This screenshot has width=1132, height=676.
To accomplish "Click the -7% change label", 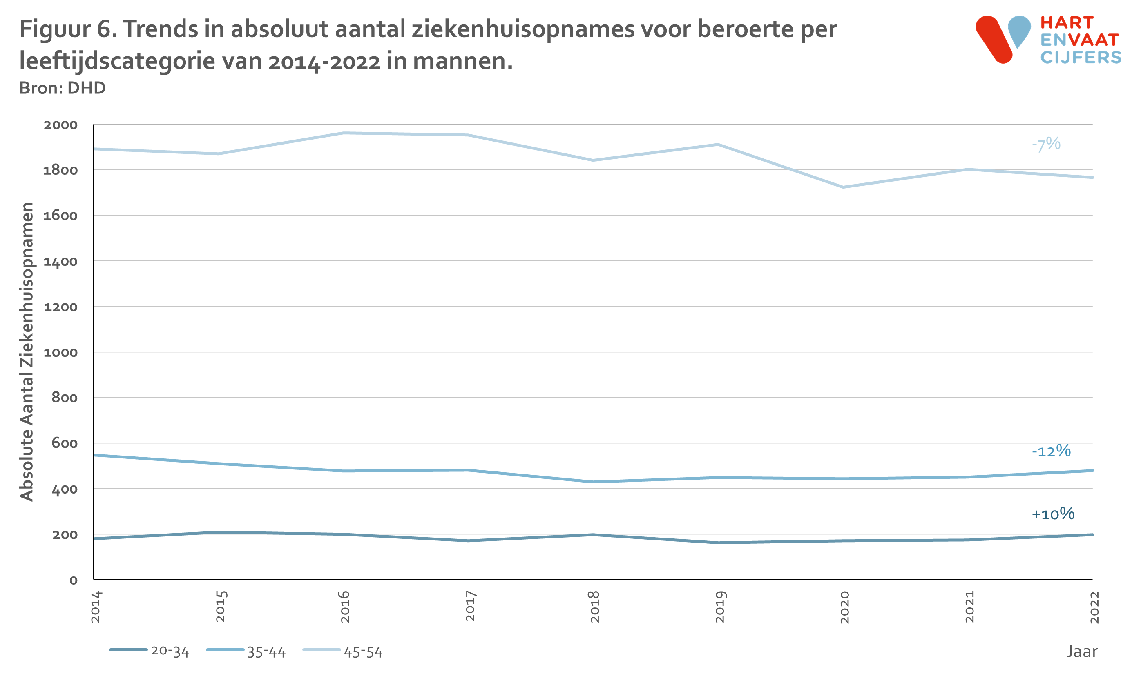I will point(1046,144).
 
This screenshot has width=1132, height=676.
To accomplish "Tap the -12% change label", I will point(1051,451).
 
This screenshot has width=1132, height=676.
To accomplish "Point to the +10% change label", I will point(1053,514).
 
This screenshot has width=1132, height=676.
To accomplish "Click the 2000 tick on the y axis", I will point(60,125).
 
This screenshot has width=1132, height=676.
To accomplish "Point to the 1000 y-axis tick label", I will point(60,352).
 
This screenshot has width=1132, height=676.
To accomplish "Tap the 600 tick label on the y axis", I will point(64,443).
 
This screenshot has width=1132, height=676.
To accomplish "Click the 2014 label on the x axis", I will point(96,607).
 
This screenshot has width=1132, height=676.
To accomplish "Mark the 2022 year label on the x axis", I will point(1094,607).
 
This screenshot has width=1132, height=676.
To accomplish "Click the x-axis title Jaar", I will point(1081,652).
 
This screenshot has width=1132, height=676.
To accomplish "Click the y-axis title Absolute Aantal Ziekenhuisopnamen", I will point(27,351).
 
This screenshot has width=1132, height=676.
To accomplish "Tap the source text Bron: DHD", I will point(63,87).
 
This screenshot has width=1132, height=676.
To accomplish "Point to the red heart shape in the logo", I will point(994,39).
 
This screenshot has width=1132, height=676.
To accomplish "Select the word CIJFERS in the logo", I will point(1081,58).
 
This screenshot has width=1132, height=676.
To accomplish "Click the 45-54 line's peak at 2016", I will point(344,133).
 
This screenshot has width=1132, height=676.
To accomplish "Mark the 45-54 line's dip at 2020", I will point(843,187).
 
